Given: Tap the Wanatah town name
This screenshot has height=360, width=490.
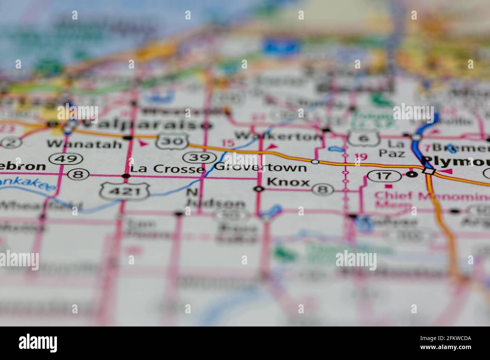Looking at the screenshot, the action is click(x=84, y=144).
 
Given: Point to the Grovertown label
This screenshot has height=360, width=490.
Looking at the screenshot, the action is click(x=260, y=167).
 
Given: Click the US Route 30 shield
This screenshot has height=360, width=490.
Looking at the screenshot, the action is click(x=173, y=141).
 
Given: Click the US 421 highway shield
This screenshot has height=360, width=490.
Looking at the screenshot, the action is click(x=125, y=191).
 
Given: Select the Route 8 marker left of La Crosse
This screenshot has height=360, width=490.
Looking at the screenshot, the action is click(x=78, y=174).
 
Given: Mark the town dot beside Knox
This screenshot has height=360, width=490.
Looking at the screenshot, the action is click(x=258, y=189).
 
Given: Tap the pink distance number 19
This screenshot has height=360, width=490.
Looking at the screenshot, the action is click(x=360, y=156).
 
